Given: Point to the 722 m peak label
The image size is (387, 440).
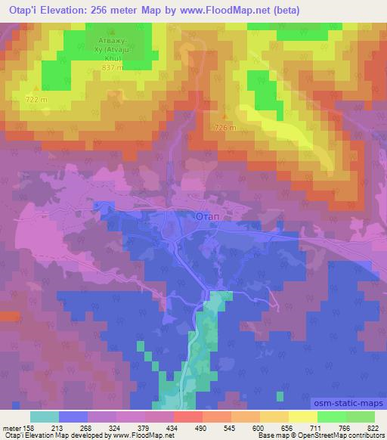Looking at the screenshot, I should coord(36,100).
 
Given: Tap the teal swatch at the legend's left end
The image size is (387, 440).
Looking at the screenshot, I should coord(44,416).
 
